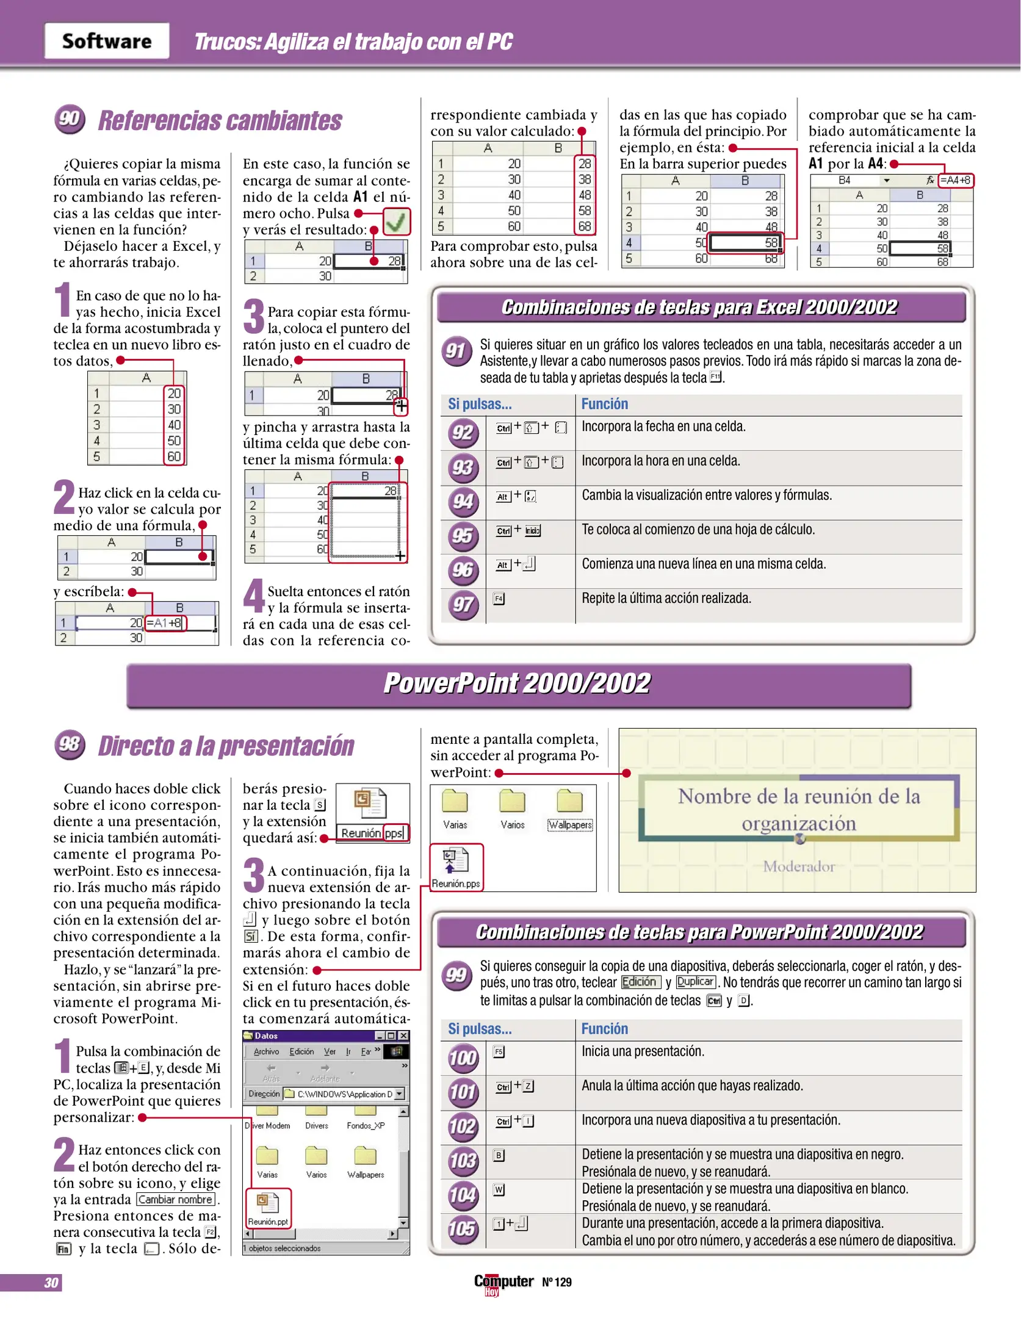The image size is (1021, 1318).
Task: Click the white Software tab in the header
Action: tap(107, 41)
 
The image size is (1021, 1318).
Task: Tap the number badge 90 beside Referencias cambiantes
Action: tap(69, 119)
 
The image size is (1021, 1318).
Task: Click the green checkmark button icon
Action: tap(396, 222)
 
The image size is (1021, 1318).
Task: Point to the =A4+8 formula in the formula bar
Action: tap(955, 180)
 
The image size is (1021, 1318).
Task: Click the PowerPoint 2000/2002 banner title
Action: tap(518, 683)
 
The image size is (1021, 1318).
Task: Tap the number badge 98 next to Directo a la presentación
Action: tap(70, 744)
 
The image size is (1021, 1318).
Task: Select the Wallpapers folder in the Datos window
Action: tap(365, 1161)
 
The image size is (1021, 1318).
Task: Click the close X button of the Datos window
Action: tap(403, 1036)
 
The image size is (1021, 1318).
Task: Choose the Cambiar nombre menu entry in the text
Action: tap(176, 1200)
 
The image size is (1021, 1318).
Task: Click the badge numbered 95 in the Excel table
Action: tap(462, 536)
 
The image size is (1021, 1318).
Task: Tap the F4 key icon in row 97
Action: tap(499, 599)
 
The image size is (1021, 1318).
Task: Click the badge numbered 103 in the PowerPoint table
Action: tap(462, 1161)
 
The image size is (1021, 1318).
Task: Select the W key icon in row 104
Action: tap(499, 1190)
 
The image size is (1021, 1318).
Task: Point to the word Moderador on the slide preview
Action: tap(798, 866)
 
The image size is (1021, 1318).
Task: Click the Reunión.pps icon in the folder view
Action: tap(456, 866)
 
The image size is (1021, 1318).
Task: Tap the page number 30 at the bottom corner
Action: tap(51, 1283)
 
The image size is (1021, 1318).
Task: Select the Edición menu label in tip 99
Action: tap(640, 982)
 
